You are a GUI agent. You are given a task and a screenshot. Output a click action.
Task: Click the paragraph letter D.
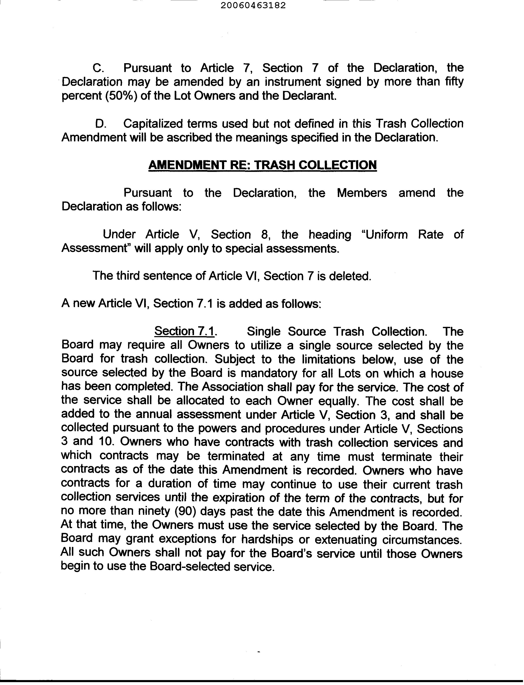(101, 124)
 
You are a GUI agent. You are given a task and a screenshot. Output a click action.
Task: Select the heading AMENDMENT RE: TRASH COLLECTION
(262, 164)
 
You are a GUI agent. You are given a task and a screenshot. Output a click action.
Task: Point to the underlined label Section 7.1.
(185, 331)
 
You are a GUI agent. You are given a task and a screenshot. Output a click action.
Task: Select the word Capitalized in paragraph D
(153, 124)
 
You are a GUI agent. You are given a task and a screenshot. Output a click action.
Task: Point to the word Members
(362, 193)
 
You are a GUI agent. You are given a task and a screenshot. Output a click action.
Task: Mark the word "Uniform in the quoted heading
(384, 234)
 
